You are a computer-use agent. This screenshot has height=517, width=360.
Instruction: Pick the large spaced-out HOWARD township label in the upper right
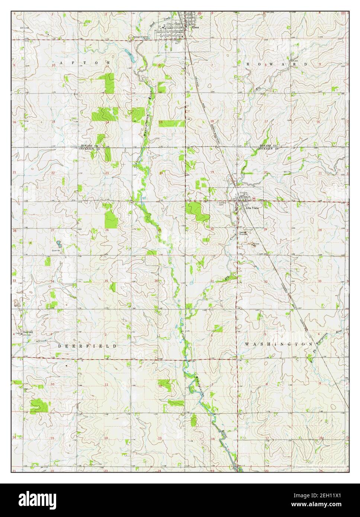tap(277, 64)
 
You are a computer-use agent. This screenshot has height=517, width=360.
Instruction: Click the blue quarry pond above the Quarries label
tap(58, 244)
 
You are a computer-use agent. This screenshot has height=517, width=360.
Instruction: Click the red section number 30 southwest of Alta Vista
tap(212, 230)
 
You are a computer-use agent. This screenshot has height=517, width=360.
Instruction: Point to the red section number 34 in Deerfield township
tap(53, 281)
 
